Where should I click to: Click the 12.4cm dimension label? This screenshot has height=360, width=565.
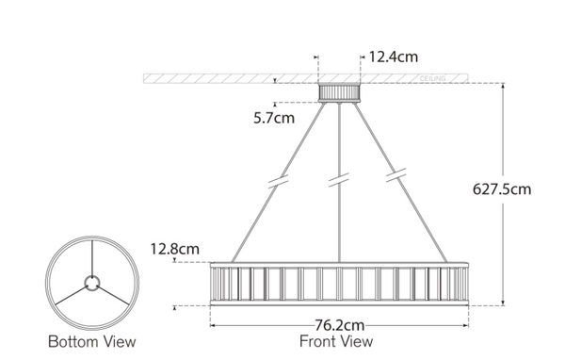[x=392, y=57]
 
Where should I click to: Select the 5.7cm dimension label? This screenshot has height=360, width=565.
[x=274, y=119]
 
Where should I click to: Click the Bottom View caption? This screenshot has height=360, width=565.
[x=92, y=341]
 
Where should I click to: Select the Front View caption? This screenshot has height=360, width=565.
[x=335, y=341]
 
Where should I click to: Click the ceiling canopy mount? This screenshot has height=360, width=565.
[x=339, y=92]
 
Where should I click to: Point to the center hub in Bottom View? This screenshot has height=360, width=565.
[x=92, y=281]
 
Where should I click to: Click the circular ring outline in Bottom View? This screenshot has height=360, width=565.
[x=49, y=281]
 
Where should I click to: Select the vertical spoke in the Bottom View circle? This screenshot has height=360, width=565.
[x=92, y=254]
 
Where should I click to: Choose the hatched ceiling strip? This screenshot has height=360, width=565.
[x=226, y=76]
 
